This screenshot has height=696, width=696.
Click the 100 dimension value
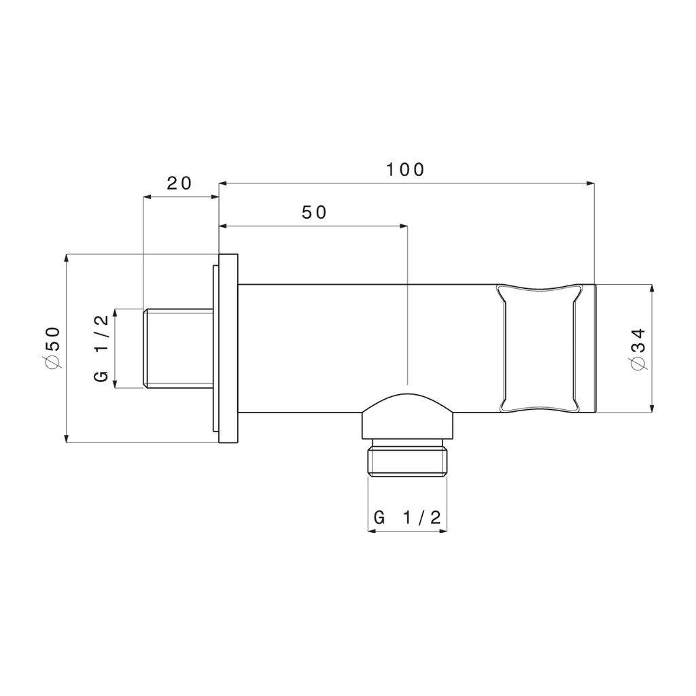405,169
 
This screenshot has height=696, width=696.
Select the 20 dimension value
179,183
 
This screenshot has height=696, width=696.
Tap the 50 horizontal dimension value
314,213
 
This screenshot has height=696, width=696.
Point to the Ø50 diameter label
52,347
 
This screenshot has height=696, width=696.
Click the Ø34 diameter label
638,349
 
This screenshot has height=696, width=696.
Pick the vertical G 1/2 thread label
102,348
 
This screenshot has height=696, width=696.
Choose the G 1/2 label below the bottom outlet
408,517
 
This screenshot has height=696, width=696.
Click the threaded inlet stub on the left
177,349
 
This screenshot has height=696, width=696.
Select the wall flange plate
228,349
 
